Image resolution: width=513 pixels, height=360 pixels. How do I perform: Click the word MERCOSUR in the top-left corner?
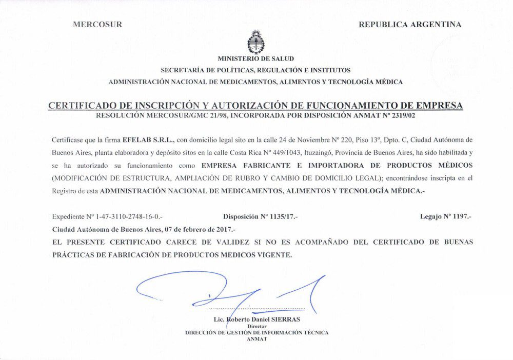pos(97,24)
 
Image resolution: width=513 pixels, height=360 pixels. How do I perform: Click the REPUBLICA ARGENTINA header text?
pos(410,24)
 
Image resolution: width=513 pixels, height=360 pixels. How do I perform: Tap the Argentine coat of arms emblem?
pos(255,42)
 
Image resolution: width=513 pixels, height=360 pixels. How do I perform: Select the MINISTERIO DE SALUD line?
pos(255,59)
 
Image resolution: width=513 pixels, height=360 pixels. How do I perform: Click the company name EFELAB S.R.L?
pos(149,139)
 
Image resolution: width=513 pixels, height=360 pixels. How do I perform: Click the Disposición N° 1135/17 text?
pos(260,217)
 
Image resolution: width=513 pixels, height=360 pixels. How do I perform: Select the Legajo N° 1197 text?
pos(445,217)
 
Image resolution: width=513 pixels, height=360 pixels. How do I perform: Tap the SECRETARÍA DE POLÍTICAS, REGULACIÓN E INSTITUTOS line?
pos(255,70)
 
